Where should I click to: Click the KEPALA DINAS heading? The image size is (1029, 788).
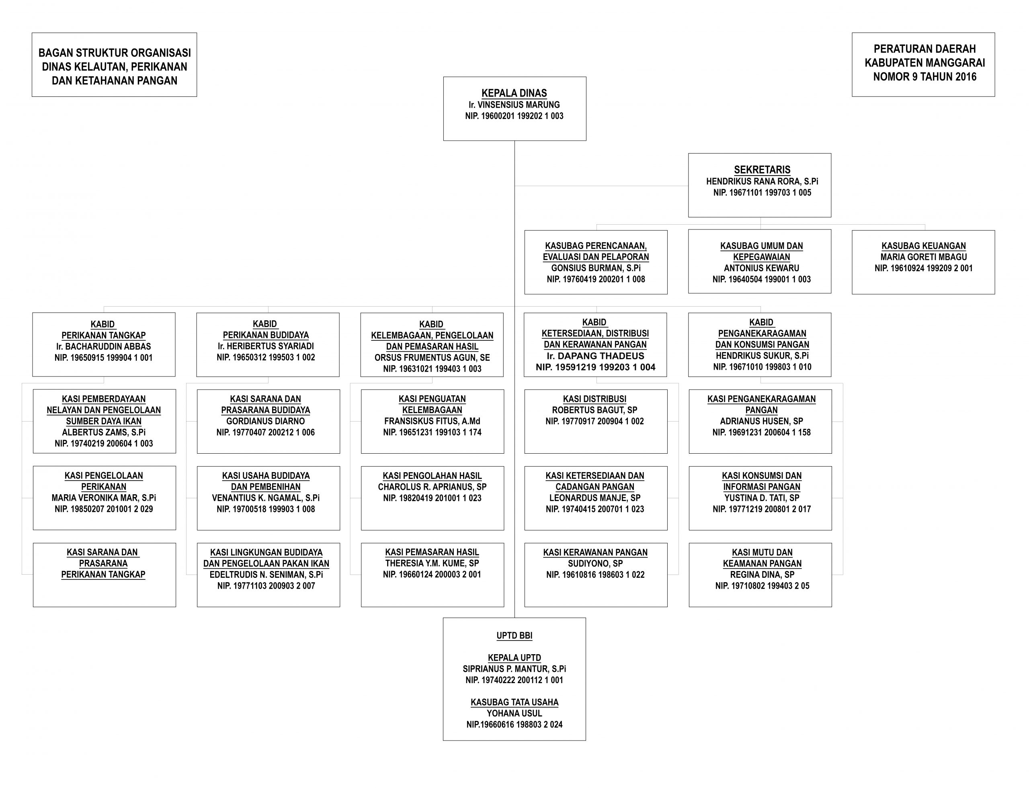tap(514, 93)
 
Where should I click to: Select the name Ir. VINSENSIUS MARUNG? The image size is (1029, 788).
tap(514, 104)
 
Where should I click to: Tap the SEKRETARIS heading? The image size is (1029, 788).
tap(762, 170)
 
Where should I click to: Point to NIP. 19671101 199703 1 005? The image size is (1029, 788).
tap(762, 192)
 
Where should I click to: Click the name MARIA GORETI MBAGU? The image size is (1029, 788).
tap(923, 257)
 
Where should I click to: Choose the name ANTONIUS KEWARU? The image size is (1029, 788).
tap(762, 268)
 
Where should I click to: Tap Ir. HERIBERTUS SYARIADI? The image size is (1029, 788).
tap(266, 346)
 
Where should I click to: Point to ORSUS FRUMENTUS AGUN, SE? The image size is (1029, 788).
tap(432, 357)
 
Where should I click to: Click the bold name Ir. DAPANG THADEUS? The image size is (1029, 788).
tap(595, 356)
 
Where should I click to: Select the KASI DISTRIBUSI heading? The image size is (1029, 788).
tap(594, 399)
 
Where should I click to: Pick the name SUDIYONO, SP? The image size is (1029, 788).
tap(595, 563)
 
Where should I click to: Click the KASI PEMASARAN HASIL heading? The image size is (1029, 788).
tap(432, 552)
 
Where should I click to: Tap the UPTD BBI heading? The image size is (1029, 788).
tap(514, 636)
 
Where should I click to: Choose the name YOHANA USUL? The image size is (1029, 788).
tap(514, 713)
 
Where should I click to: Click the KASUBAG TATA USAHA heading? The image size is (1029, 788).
tap(514, 702)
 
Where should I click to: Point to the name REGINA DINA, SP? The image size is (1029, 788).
tap(762, 575)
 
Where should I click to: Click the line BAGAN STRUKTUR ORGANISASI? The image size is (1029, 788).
tap(115, 53)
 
